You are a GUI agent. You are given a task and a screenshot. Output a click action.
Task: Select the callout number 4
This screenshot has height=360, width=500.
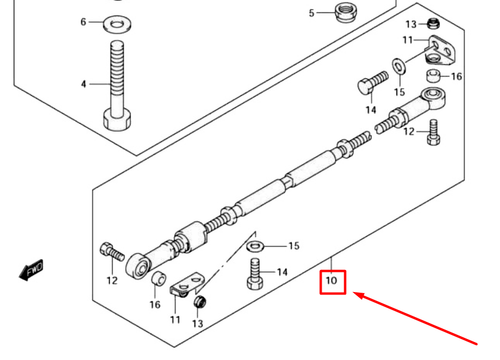coord(84,85)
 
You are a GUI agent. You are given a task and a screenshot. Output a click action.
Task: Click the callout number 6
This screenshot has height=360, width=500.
coord(84,20)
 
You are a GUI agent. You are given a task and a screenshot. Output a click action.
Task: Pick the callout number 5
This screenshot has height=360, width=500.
coord(311,13)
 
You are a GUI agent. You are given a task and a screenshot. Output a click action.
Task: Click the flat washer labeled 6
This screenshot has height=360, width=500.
coord(119,21)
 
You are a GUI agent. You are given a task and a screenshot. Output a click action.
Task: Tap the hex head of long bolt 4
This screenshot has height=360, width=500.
coord(119,119)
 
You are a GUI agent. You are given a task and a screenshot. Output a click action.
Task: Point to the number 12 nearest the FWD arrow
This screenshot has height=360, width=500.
coord(112,280)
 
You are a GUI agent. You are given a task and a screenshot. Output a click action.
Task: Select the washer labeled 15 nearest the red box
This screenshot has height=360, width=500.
coord(257,245)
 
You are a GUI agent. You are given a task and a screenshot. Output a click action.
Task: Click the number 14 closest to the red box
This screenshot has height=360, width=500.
coord(282,272)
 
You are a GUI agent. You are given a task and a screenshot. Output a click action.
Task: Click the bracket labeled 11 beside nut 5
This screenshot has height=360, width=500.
coord(439,48)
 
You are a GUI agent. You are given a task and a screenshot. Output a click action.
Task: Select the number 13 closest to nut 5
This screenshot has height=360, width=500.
coord(411,24)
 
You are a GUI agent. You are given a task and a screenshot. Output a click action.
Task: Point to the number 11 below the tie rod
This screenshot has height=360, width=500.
coord(176,319)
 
